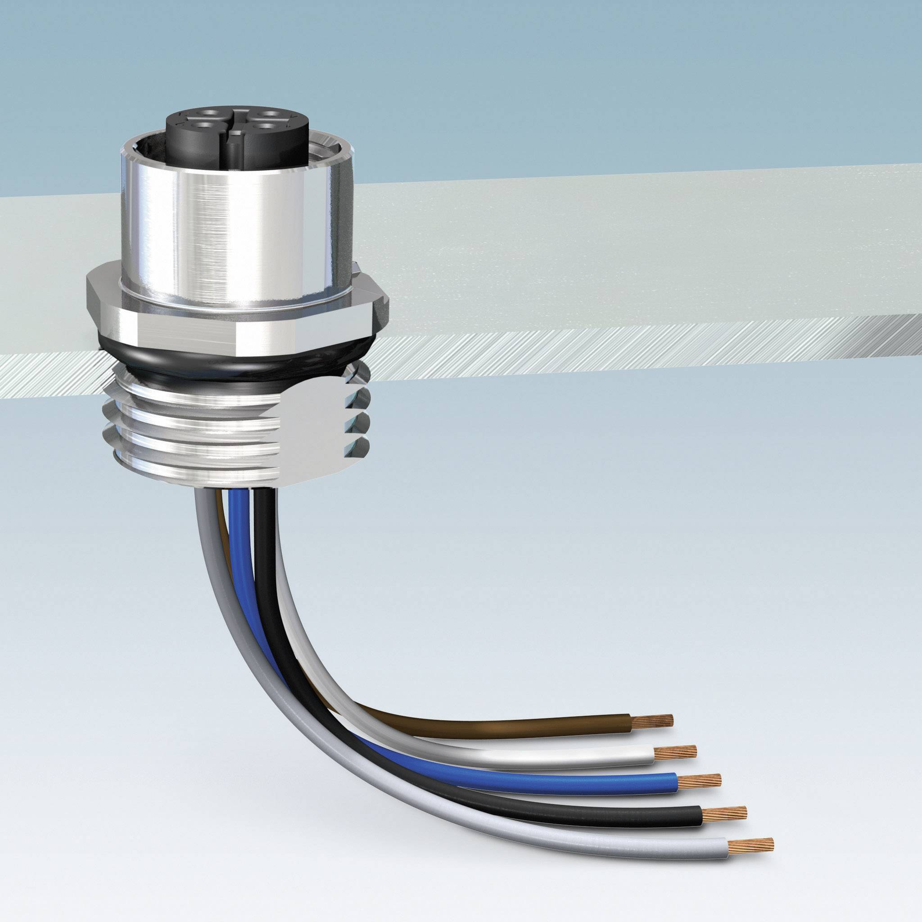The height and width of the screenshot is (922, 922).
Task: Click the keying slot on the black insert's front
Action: [x=233, y=144]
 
